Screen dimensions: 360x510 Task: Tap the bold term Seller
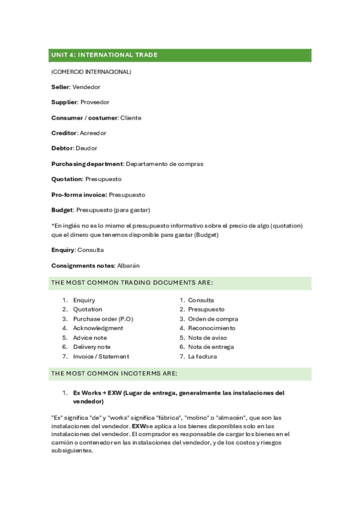(x=60, y=87)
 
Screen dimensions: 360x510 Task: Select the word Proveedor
(x=95, y=102)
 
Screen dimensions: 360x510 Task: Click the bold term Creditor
(x=64, y=133)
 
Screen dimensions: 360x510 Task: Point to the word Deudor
(x=87, y=148)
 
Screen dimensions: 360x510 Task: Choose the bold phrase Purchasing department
(x=87, y=164)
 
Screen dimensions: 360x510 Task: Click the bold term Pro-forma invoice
(x=79, y=195)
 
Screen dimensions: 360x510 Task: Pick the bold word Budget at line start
(x=62, y=210)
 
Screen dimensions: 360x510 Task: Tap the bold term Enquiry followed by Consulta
(x=63, y=250)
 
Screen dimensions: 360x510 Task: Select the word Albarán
(x=128, y=265)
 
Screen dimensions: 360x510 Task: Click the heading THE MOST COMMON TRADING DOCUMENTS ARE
(x=132, y=282)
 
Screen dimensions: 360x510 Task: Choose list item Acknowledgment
(x=98, y=328)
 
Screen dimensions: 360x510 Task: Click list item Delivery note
(x=91, y=347)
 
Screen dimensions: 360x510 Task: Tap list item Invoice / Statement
(x=101, y=357)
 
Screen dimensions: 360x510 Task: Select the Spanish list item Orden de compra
(x=213, y=319)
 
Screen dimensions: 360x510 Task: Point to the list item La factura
(x=203, y=357)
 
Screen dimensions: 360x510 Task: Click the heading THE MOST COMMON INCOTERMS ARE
(x=114, y=373)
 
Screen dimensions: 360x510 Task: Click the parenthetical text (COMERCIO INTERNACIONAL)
(x=91, y=72)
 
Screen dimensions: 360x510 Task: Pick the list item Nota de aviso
(x=207, y=338)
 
